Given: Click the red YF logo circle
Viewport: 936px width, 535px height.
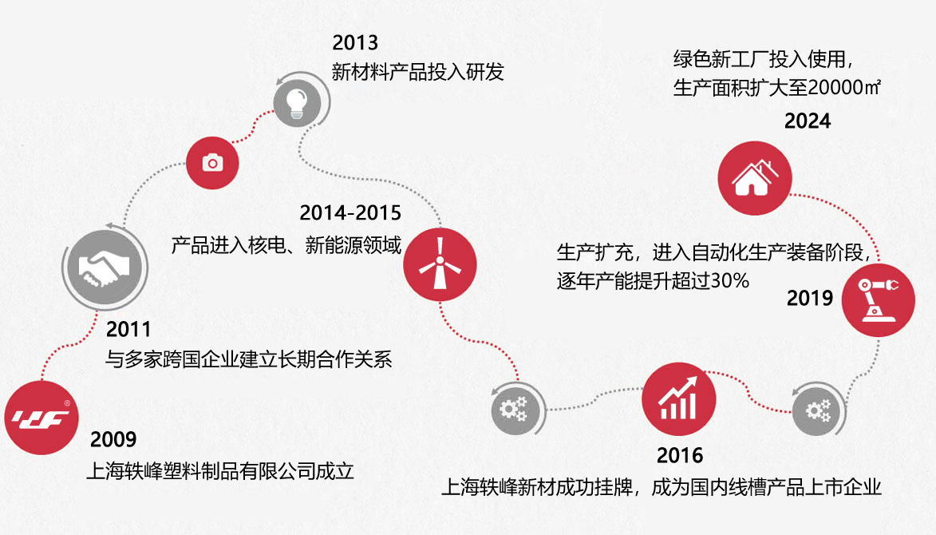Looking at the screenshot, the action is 41,418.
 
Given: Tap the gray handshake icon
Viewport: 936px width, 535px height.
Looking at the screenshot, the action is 105,267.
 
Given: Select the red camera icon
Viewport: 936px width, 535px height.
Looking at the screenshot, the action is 212,162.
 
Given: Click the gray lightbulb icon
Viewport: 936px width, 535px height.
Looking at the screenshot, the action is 297,103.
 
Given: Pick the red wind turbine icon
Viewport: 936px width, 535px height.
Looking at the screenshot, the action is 440,264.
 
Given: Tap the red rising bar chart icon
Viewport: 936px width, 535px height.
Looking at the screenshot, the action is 679,399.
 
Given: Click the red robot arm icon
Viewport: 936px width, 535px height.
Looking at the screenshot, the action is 878,299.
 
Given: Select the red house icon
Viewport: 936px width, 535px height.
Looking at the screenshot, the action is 755,178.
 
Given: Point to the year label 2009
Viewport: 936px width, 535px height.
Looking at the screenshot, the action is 113,439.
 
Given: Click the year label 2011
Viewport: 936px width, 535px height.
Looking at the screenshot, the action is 128,329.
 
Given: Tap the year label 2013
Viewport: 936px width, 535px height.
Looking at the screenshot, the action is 355,43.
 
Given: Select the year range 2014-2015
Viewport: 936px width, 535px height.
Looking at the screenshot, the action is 350,213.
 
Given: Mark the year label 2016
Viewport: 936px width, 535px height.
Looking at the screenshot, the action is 680,456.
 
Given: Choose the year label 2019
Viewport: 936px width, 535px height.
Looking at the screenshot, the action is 809,298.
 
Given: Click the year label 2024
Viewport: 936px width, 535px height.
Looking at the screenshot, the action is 808,121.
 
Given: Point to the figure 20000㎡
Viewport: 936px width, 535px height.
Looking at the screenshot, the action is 845,88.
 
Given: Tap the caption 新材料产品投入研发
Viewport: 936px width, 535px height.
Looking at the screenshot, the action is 418,72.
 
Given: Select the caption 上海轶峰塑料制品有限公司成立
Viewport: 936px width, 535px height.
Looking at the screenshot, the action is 220,471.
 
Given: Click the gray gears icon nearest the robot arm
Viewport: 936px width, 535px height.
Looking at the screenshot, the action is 818,410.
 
